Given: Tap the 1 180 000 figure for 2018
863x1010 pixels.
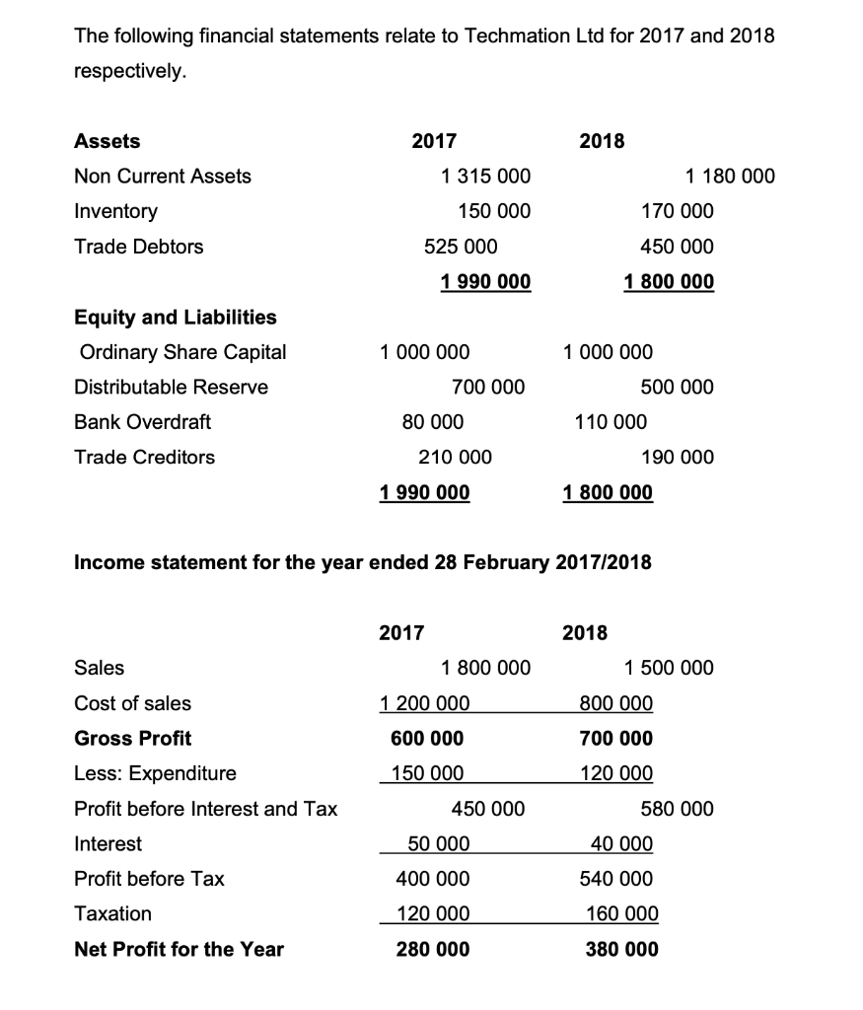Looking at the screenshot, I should (730, 177).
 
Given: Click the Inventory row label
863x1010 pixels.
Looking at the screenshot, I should (115, 212).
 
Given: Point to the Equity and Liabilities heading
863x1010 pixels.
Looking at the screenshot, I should (176, 317).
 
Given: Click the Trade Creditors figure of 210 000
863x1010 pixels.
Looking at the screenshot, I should (456, 457).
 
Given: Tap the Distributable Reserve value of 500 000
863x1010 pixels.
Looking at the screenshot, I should (677, 387).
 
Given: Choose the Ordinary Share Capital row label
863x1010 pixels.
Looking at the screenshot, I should (180, 352).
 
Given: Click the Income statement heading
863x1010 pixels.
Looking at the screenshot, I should (363, 562).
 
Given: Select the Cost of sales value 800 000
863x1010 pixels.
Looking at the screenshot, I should (615, 703).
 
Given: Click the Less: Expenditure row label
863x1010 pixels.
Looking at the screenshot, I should (156, 773).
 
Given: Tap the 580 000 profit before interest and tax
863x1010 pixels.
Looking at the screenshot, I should (677, 809).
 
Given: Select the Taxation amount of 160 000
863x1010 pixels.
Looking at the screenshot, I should (621, 914).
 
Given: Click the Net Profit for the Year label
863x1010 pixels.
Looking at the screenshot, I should (179, 949).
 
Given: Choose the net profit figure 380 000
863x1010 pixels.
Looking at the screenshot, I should (621, 949).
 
